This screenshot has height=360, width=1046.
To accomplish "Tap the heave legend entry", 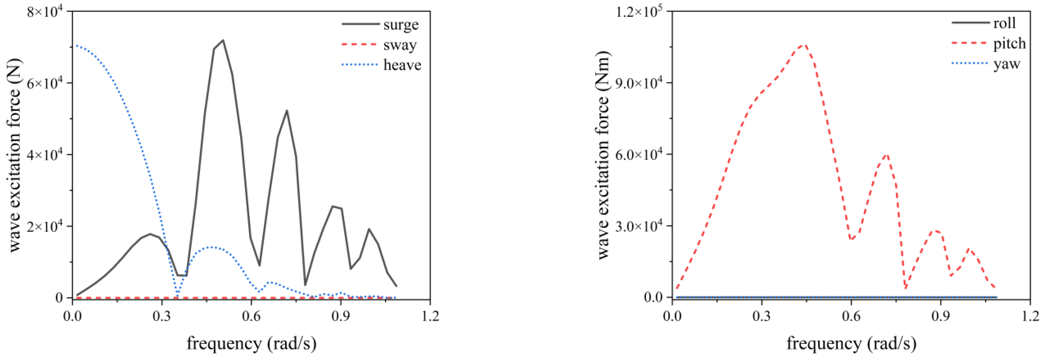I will (x=402, y=65).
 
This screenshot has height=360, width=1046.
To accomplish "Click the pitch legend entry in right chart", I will (x=1009, y=43).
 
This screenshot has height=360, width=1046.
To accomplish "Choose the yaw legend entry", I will (x=1006, y=64).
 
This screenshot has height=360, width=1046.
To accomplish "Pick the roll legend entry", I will (x=1004, y=23).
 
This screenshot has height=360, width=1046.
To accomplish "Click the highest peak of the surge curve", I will (x=223, y=40).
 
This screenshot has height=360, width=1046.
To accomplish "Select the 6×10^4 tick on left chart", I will (x=45, y=83).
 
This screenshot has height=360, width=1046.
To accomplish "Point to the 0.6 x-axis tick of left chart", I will (x=251, y=316).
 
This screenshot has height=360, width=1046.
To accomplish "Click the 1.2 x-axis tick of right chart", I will (x=1030, y=316).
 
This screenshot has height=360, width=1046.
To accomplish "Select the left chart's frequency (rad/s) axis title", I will (x=251, y=343).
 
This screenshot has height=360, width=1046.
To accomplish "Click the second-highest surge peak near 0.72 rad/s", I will (x=287, y=110).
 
